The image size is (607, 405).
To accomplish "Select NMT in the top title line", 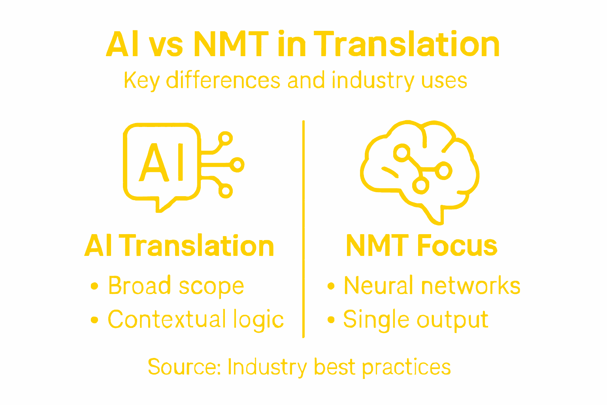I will pyautogui.click(x=231, y=44).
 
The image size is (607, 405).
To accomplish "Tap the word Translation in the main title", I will pyautogui.click(x=407, y=44).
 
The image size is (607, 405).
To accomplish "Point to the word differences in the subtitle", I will pyautogui.click(x=223, y=80).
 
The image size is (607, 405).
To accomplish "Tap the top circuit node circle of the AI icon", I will pyautogui.click(x=225, y=138).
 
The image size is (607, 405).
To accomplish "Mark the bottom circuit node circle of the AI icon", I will pyautogui.click(x=225, y=191).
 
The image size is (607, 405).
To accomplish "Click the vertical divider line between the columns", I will pyautogui.click(x=303, y=229).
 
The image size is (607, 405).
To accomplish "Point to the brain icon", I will pyautogui.click(x=420, y=170).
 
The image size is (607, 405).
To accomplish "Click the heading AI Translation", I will pyautogui.click(x=179, y=246).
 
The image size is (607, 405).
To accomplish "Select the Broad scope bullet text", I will pyautogui.click(x=176, y=286).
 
